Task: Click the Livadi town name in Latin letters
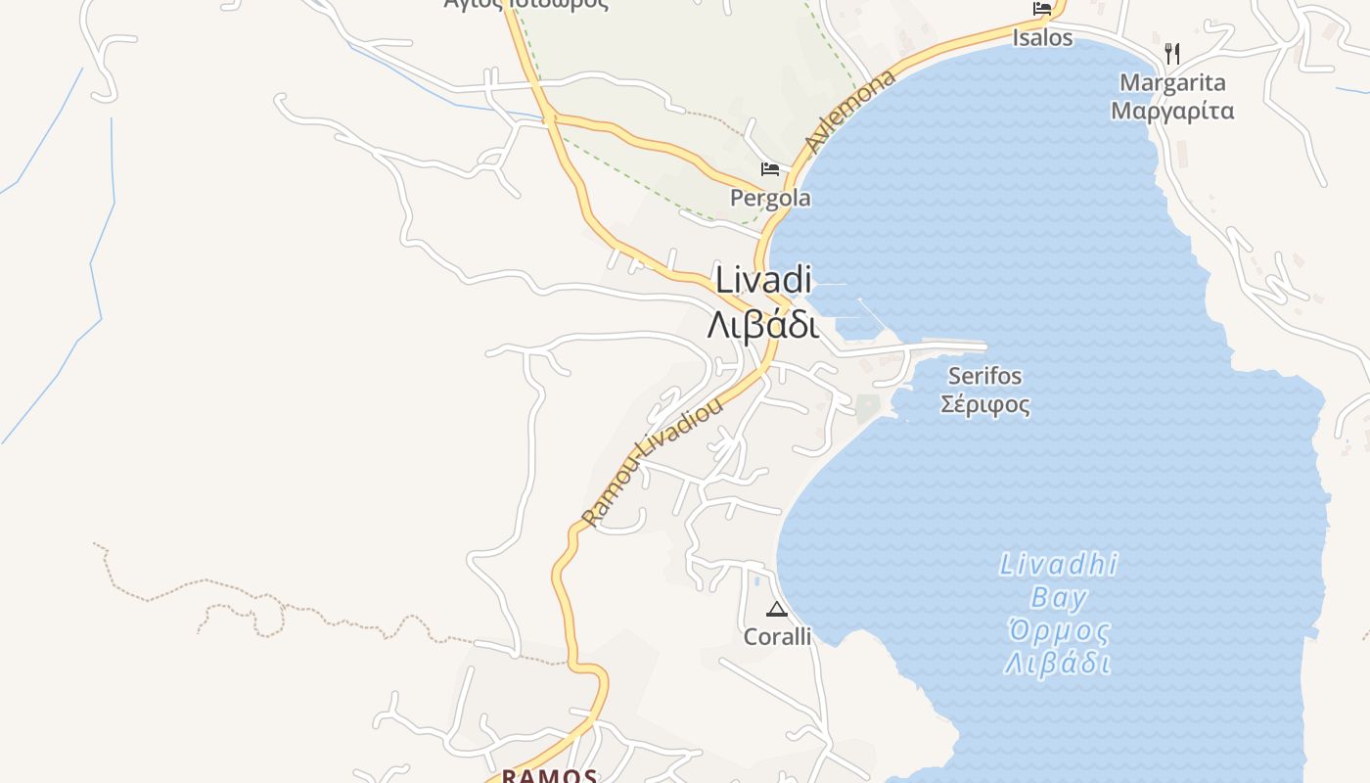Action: pyautogui.click(x=763, y=280)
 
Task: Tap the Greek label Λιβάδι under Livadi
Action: pyautogui.click(x=763, y=325)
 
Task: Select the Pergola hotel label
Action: pyautogui.click(x=770, y=199)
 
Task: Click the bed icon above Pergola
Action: pyautogui.click(x=770, y=169)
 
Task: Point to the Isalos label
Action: pyautogui.click(x=1042, y=38)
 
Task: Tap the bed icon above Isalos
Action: pyautogui.click(x=1042, y=9)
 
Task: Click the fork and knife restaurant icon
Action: pyautogui.click(x=1172, y=53)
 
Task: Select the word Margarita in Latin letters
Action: pyautogui.click(x=1172, y=82)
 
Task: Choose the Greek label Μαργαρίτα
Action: pyautogui.click(x=1172, y=111)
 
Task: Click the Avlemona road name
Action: pyautogui.click(x=849, y=112)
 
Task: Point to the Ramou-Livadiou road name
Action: pyautogui.click(x=652, y=461)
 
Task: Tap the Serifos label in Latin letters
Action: pyautogui.click(x=984, y=376)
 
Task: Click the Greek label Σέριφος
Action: pyautogui.click(x=984, y=404)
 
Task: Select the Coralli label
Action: pyautogui.click(x=777, y=637)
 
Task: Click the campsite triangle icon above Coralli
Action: pyautogui.click(x=776, y=610)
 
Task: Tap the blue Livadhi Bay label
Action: pyautogui.click(x=1058, y=580)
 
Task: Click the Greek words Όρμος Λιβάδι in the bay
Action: pyautogui.click(x=1058, y=646)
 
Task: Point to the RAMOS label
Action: pyautogui.click(x=549, y=776)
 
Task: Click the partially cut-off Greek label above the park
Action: pyautogui.click(x=525, y=4)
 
